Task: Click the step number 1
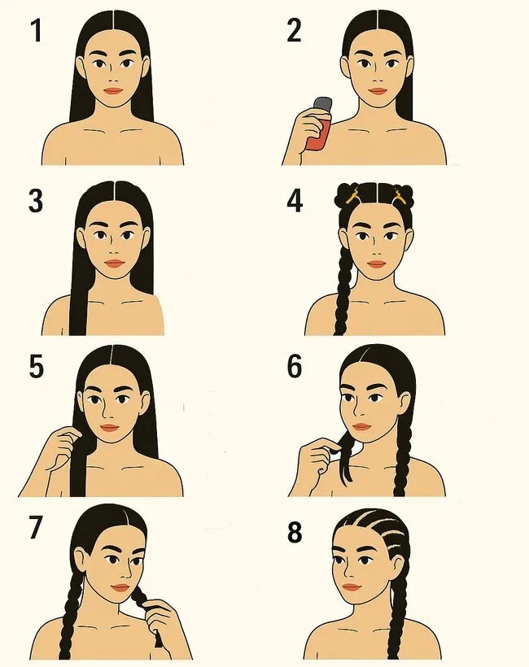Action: (x=37, y=31)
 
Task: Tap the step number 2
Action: (x=294, y=30)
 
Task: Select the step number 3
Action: (x=36, y=201)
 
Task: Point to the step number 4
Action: (x=295, y=201)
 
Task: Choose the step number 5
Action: (x=36, y=366)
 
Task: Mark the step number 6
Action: (x=295, y=366)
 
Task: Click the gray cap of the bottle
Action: (x=323, y=104)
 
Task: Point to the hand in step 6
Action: (x=320, y=457)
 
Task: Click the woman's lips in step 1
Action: (x=113, y=90)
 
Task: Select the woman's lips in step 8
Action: (x=351, y=587)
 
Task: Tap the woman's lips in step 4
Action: (x=376, y=264)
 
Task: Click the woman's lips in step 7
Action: (x=120, y=587)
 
